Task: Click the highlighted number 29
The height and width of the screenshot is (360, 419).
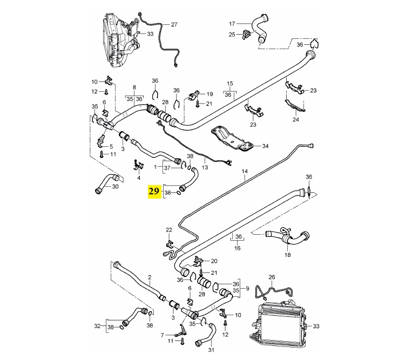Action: tap(154, 192)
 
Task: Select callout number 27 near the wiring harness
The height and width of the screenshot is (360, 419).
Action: tap(174, 25)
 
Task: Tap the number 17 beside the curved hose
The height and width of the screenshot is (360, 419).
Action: tap(233, 24)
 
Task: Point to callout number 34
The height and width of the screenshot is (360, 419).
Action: tap(265, 146)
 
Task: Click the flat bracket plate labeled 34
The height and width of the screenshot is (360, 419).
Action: tap(232, 138)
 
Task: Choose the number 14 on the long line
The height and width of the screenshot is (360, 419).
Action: tap(244, 172)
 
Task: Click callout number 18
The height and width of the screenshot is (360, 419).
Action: tap(287, 254)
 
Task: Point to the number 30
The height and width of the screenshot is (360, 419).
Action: tap(115, 187)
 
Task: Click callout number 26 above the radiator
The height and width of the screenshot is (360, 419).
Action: tap(272, 277)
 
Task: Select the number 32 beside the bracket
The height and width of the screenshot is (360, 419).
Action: tap(97, 326)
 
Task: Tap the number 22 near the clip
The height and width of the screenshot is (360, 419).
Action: tap(169, 230)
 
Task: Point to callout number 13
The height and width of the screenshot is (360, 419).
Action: tap(205, 168)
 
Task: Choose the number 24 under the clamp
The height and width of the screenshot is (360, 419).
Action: tap(295, 120)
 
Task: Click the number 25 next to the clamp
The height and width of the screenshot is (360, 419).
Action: tap(232, 35)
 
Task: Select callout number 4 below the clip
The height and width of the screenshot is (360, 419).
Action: tap(139, 178)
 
